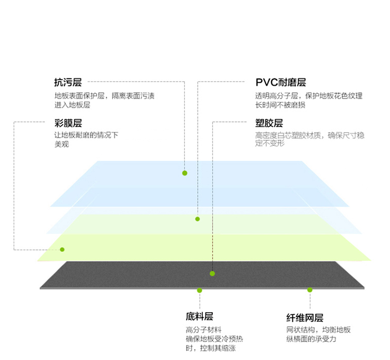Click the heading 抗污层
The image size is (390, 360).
click(68, 82)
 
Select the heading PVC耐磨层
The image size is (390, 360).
click(281, 82)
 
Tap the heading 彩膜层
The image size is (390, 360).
click(68, 123)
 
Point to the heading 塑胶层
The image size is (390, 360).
click(269, 123)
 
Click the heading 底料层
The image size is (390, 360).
click(199, 316)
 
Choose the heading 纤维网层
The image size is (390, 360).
click(305, 318)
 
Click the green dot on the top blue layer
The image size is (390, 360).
click(185, 173)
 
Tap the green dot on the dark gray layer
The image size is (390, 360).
click(212, 274)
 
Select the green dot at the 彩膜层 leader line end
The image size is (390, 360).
click(62, 249)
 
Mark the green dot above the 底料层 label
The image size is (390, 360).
click(200, 290)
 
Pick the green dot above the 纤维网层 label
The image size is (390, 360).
click(310, 290)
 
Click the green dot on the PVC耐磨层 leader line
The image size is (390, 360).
click(198, 219)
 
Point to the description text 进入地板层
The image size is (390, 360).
click(72, 105)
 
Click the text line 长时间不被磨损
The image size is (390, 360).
click(280, 105)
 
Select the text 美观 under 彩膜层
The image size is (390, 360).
click(62, 144)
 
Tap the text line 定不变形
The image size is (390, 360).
click(269, 143)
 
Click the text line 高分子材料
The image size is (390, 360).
click(203, 330)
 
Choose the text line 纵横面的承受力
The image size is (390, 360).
click(311, 339)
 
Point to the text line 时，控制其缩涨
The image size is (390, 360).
click(211, 348)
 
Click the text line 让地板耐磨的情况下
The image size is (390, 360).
click(86, 135)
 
